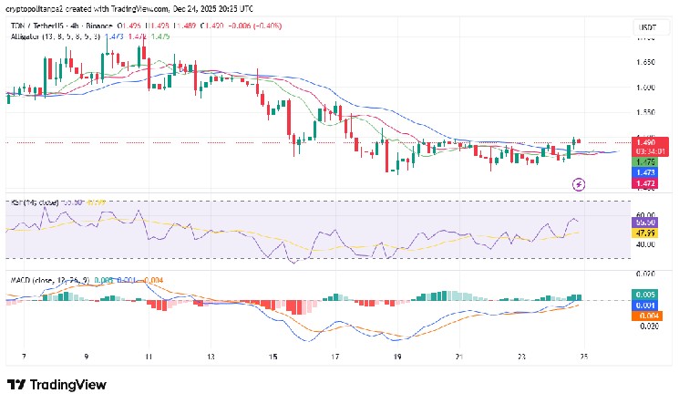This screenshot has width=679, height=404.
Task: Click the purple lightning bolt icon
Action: tap(579, 185)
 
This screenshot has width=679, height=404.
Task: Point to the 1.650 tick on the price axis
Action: tap(645, 63)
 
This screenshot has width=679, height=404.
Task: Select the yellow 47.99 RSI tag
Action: tap(645, 233)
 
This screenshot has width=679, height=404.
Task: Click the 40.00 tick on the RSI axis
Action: tap(645, 244)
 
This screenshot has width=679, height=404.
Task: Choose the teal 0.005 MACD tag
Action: tap(645, 295)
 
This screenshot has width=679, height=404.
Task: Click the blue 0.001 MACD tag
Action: tap(645, 305)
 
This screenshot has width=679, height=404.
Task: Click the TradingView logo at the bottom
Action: tap(57, 385)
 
